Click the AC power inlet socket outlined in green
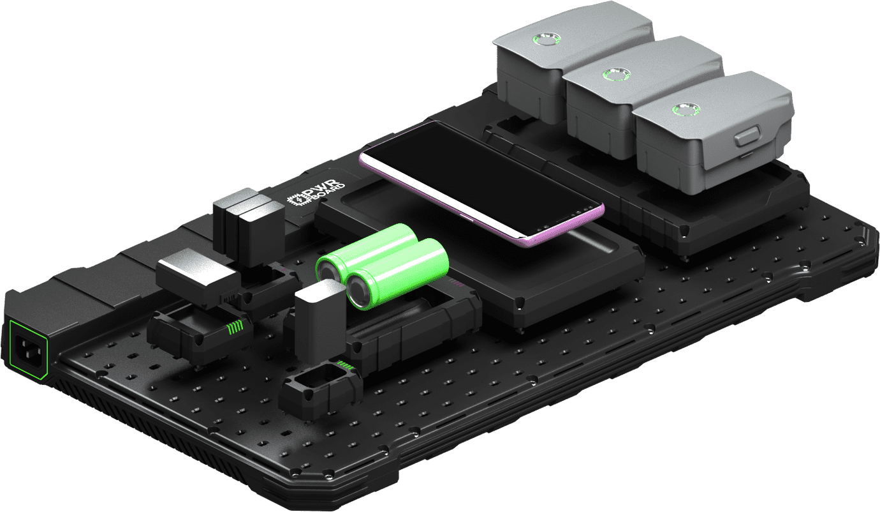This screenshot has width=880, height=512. pos(27,350)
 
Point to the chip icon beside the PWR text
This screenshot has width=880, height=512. pos(297,200)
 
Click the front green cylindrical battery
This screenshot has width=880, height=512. pos(395,271)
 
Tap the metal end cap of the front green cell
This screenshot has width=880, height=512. pos(358,292)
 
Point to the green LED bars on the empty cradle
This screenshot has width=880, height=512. pos(345,365)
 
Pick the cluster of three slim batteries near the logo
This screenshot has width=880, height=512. pos(249,223)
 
